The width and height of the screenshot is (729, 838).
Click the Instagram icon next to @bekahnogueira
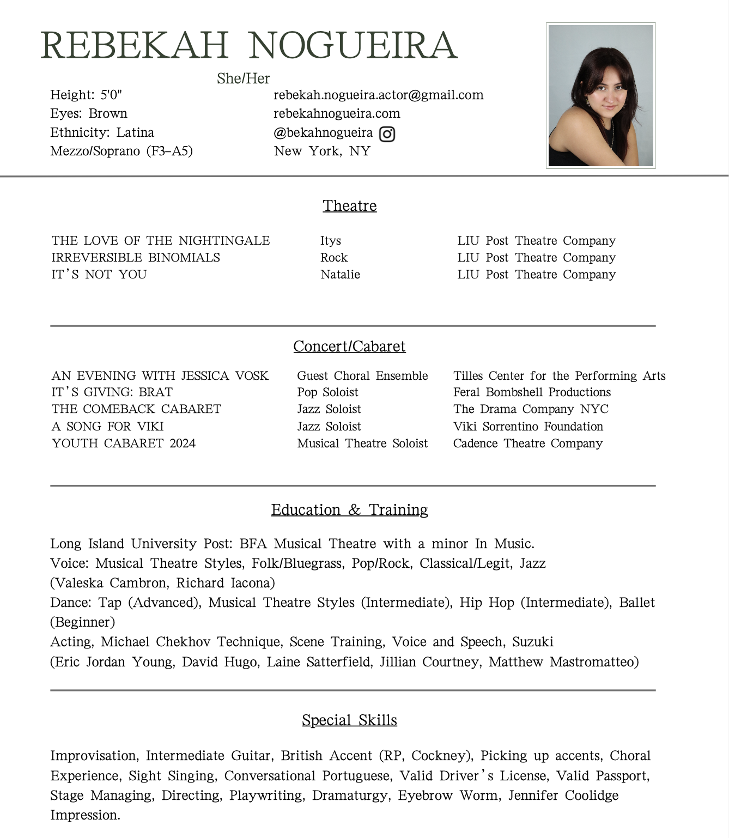click(x=387, y=133)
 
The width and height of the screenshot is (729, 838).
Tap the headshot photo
click(x=600, y=95)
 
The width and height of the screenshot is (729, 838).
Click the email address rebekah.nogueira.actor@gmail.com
click(x=378, y=95)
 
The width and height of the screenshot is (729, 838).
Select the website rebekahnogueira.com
click(x=337, y=114)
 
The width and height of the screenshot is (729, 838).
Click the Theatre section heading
click(x=349, y=206)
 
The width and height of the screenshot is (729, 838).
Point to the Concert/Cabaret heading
click(x=349, y=347)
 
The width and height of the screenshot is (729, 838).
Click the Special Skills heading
click(x=349, y=720)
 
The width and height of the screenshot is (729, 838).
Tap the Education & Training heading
click(x=349, y=510)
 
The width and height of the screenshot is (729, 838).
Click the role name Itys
click(x=331, y=241)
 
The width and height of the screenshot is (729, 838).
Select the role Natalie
click(x=340, y=275)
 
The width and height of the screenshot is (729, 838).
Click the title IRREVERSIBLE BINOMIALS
click(x=136, y=258)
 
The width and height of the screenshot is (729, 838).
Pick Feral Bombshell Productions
click(x=532, y=392)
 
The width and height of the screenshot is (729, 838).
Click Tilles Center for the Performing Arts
click(x=559, y=376)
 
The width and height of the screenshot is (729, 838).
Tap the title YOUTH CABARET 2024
click(x=124, y=444)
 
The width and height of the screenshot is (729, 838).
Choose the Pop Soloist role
click(x=327, y=392)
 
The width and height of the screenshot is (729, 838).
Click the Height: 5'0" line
click(x=86, y=95)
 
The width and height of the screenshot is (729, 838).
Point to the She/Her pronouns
click(x=243, y=79)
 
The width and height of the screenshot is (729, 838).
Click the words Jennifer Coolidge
click(x=563, y=796)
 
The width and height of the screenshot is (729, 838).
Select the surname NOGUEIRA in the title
click(x=353, y=45)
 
